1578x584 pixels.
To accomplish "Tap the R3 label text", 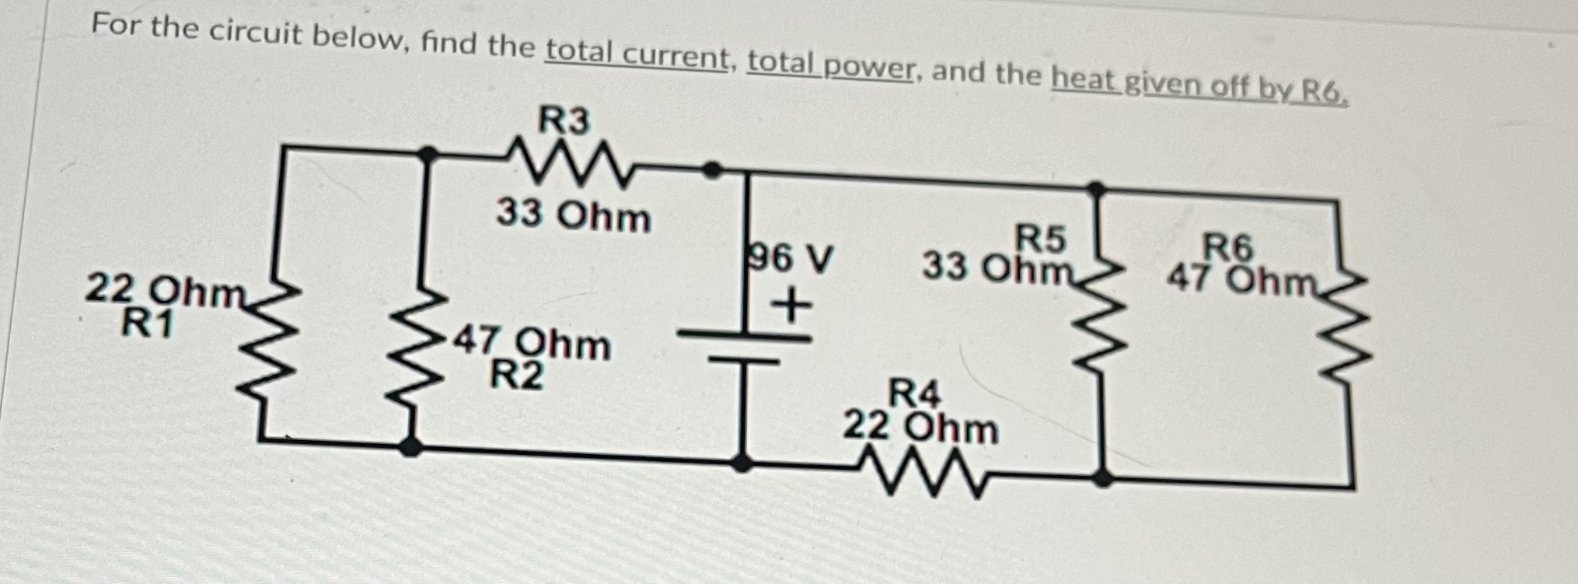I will click(564, 121).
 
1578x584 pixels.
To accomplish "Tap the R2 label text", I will click(516, 377).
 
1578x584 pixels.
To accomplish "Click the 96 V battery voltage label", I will click(788, 258).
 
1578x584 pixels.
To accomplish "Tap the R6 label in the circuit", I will click(1228, 248).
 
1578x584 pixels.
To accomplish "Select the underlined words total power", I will click(829, 67).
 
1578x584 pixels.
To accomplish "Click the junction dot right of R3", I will click(710, 169).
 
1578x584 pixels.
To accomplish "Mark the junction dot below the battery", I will click(742, 463).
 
